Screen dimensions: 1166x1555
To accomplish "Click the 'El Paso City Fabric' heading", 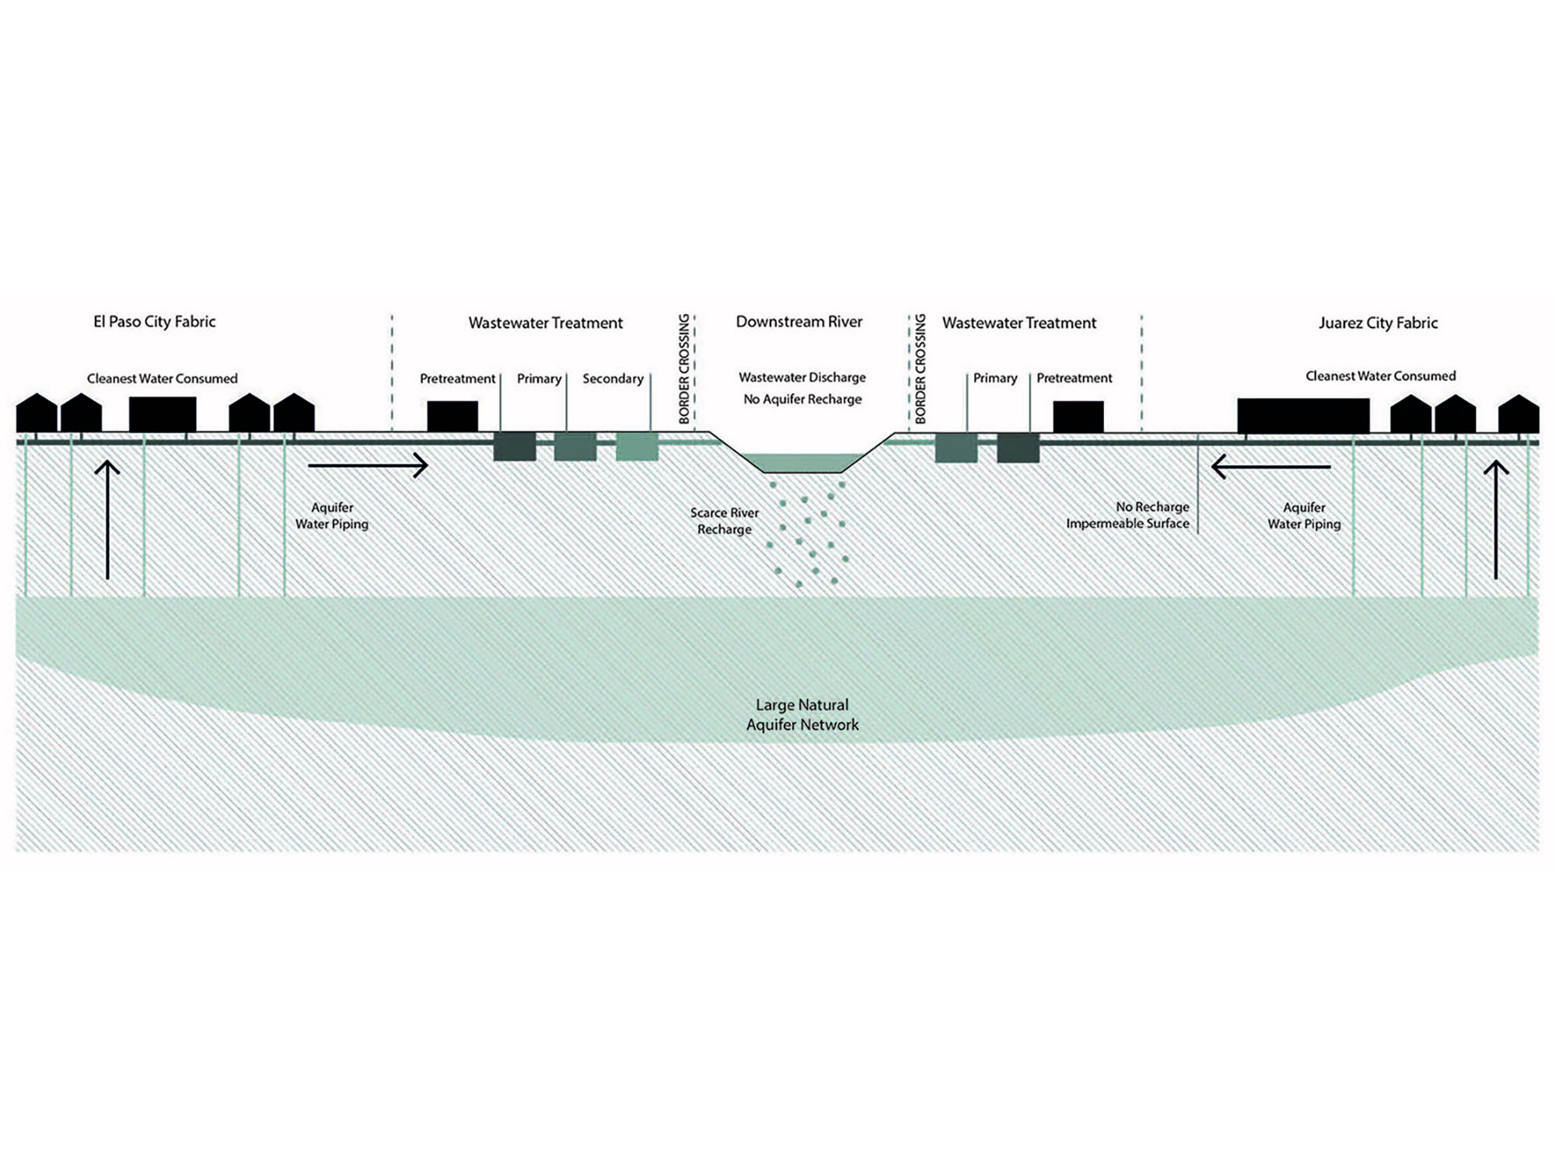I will (x=154, y=322).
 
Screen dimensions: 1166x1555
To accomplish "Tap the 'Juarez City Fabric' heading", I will (x=1378, y=323).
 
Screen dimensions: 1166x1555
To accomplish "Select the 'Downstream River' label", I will (x=798, y=322).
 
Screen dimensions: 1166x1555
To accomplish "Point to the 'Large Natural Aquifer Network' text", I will (x=802, y=714).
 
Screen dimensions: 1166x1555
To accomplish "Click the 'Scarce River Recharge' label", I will (x=724, y=521).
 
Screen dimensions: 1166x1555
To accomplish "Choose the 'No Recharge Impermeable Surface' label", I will (x=1127, y=515).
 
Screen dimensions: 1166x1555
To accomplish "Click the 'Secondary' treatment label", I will (x=613, y=379).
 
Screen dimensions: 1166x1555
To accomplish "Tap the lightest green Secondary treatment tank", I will (x=637, y=448).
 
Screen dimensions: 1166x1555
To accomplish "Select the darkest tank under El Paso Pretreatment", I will (x=515, y=448).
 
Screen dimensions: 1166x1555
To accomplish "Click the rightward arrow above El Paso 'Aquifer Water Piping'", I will (x=368, y=466).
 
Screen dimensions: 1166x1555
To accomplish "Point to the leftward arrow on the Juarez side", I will (x=1270, y=467).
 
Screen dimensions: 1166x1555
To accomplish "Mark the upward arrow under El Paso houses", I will (x=107, y=519).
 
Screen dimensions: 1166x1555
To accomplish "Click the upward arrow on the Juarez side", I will (x=1496, y=519).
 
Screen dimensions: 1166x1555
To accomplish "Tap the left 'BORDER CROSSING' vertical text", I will (x=684, y=368).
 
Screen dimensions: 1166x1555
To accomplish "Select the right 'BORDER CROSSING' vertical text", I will (x=921, y=368).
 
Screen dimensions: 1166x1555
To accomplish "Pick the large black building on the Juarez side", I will (x=1303, y=415).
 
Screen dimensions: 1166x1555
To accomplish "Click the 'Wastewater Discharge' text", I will (x=802, y=378).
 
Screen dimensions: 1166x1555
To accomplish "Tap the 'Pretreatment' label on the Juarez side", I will (x=1074, y=379).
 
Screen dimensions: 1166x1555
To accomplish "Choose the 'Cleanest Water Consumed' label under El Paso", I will (x=162, y=379).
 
